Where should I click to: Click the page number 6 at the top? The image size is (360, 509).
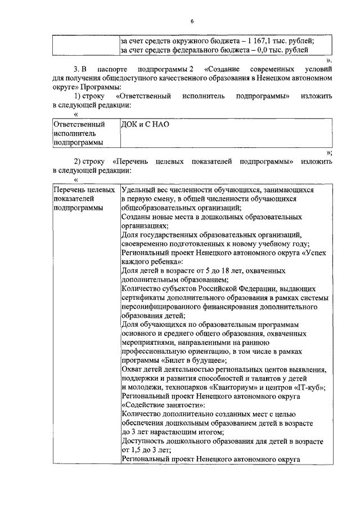[x=191, y=21]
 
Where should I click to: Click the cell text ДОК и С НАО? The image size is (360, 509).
[x=145, y=124]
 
